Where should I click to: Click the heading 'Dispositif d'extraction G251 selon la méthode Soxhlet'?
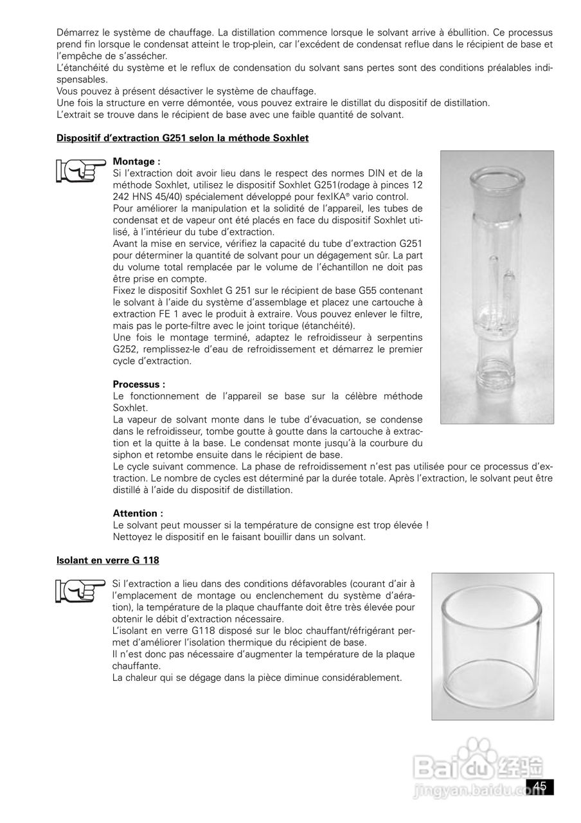(183, 138)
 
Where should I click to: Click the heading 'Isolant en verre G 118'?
(108, 561)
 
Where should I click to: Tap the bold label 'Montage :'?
(136, 161)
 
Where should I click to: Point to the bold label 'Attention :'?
(138, 513)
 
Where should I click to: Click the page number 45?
(539, 786)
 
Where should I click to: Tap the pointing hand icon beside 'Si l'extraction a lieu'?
(80, 588)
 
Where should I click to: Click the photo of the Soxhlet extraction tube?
(497, 287)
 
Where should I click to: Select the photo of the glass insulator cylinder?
(492, 646)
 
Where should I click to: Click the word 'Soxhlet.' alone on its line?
(130, 408)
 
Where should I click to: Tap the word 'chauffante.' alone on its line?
(136, 666)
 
